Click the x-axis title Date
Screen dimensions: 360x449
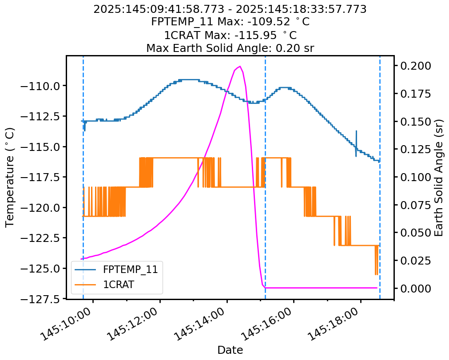pyautogui.click(x=230, y=350)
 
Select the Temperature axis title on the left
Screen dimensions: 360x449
pyautogui.click(x=10, y=177)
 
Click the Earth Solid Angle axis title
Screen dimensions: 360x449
pyautogui.click(x=439, y=177)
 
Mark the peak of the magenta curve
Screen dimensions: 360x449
pyautogui.click(x=240, y=67)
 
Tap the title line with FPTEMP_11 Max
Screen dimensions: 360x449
pyautogui.click(x=230, y=22)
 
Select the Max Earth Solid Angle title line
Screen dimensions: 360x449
pyautogui.click(x=230, y=48)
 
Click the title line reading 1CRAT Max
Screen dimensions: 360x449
pyautogui.click(x=230, y=35)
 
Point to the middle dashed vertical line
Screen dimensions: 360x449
pyautogui.click(x=265, y=178)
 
